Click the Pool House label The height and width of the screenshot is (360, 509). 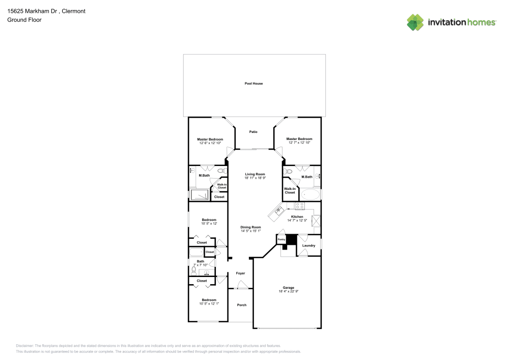(x=253, y=84)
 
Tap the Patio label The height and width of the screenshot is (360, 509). (x=253, y=132)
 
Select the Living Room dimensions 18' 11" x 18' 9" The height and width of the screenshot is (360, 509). (x=255, y=178)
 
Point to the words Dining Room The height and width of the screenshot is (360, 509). (x=251, y=227)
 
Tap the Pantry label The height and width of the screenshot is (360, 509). (x=281, y=238)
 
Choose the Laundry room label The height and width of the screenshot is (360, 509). (x=308, y=246)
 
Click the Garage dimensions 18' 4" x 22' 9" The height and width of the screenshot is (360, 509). (x=288, y=291)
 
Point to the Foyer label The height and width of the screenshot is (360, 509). (x=241, y=273)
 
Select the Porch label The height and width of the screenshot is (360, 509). (x=242, y=305)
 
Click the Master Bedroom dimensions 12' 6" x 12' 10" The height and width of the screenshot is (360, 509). (x=210, y=143)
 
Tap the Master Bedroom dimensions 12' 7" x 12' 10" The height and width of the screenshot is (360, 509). (x=299, y=143)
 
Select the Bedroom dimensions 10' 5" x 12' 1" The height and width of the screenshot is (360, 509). (x=209, y=304)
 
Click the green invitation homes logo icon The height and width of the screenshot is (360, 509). (x=415, y=22)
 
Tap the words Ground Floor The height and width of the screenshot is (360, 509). (x=24, y=20)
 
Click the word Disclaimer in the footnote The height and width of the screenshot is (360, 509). (x=25, y=345)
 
